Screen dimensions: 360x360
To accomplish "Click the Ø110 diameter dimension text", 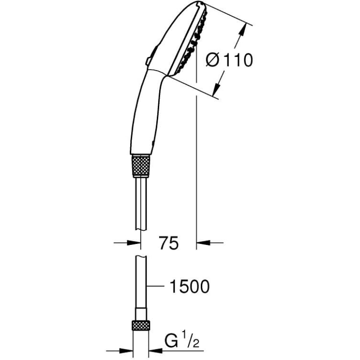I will coord(229,61).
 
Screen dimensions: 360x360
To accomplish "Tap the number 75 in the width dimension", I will coord(168,242).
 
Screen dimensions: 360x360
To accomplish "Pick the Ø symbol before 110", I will coord(213,61).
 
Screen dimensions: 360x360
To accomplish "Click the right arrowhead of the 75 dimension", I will coord(202,242).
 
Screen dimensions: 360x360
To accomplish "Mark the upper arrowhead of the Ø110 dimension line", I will coord(241,30).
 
